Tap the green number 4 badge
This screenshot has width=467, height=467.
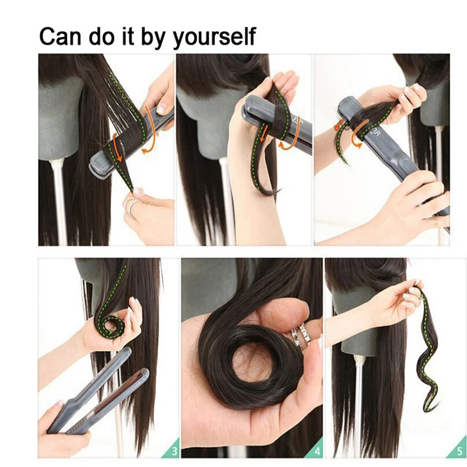(x=316, y=450)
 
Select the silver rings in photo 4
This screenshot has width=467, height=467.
(x=301, y=334)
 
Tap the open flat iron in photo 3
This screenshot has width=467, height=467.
(x=99, y=391)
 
